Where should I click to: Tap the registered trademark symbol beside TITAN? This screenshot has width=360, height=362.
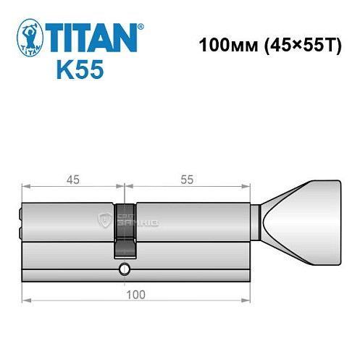[141, 26]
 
